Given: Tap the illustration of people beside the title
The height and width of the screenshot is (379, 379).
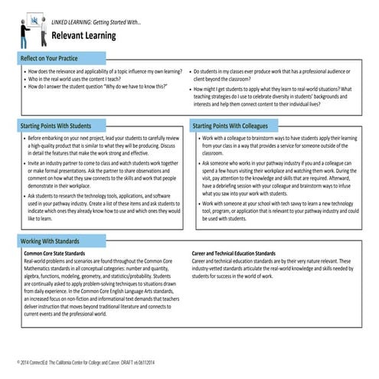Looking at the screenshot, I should pos(25,30).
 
